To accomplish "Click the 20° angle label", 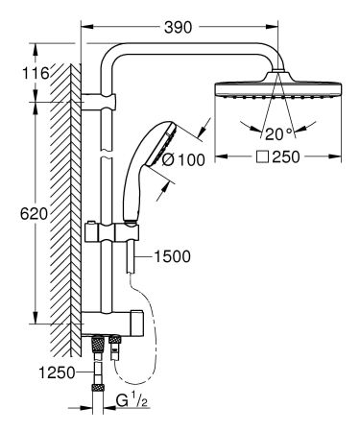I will click(279, 132).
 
